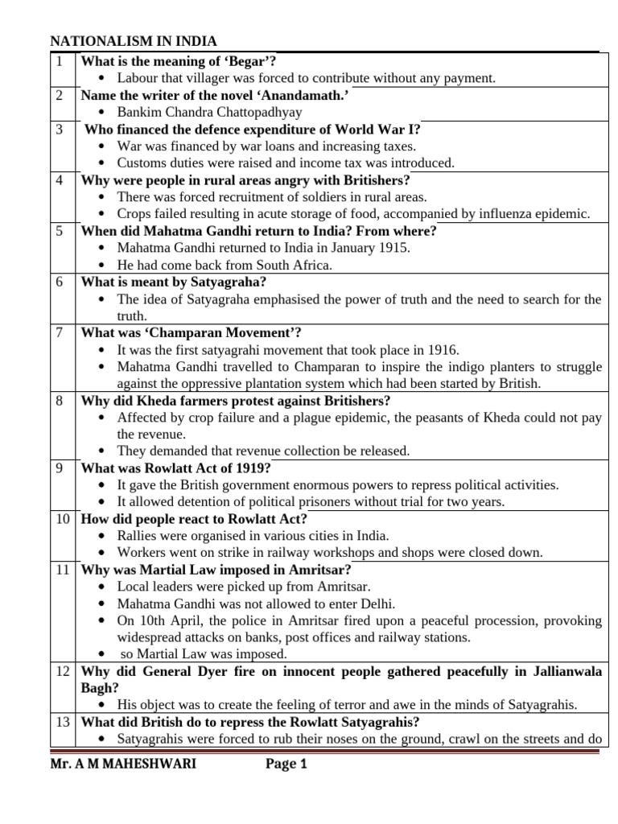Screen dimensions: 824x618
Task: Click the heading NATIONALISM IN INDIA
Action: pyautogui.click(x=134, y=42)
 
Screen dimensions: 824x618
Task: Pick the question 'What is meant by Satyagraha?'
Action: pyautogui.click(x=173, y=282)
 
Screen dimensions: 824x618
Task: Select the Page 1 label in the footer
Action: pyautogui.click(x=286, y=764)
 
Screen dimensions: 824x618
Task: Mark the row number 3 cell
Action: pyautogui.click(x=60, y=130)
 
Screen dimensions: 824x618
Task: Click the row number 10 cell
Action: pyautogui.click(x=62, y=519)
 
